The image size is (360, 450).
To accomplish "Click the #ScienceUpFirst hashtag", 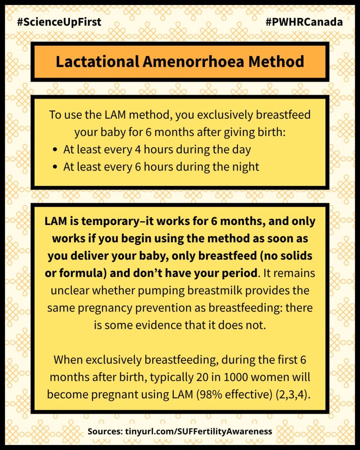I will [x=59, y=22].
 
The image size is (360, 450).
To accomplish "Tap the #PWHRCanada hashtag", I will [x=304, y=22].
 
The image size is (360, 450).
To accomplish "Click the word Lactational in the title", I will [x=97, y=62].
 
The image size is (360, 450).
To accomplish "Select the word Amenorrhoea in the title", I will [x=193, y=62].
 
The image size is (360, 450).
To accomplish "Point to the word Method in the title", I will [x=276, y=62].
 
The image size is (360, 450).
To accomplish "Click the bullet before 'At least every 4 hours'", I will [x=54, y=150].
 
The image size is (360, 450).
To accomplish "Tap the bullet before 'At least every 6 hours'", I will [x=54, y=167].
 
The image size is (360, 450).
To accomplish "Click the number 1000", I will [x=236, y=377].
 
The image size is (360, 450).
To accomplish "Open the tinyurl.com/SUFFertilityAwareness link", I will [x=198, y=431].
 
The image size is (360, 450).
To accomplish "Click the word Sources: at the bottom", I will [x=105, y=431].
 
